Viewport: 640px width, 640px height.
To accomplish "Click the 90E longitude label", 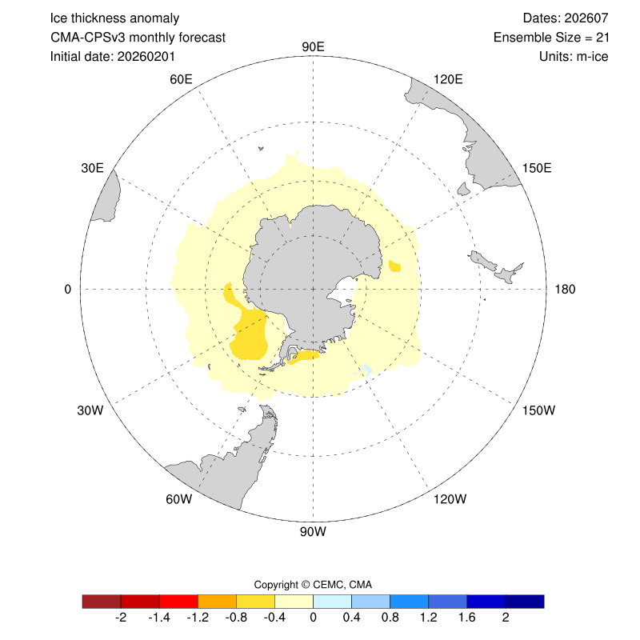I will click(x=313, y=46).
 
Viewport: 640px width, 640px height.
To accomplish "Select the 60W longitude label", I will click(x=178, y=499).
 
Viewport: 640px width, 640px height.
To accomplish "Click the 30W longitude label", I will click(x=90, y=410).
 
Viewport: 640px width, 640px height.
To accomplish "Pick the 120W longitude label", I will click(x=449, y=499).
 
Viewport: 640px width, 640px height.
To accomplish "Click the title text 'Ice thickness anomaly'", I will click(x=114, y=18).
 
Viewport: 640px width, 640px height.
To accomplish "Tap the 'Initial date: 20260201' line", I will click(x=113, y=56).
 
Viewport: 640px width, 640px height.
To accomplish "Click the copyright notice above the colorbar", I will click(x=313, y=584).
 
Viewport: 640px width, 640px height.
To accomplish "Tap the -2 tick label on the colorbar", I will click(x=121, y=618).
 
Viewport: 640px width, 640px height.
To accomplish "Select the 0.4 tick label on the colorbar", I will click(x=351, y=618).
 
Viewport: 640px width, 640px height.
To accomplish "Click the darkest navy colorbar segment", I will click(x=525, y=601).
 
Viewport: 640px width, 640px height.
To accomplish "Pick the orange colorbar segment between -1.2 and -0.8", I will click(x=217, y=601).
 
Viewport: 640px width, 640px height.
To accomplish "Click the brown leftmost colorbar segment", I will click(x=102, y=601).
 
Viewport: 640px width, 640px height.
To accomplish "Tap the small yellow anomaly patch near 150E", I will click(x=394, y=266).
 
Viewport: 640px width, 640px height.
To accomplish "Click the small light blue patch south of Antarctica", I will click(x=366, y=369).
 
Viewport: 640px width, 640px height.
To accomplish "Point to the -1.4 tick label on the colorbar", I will click(x=159, y=618).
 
